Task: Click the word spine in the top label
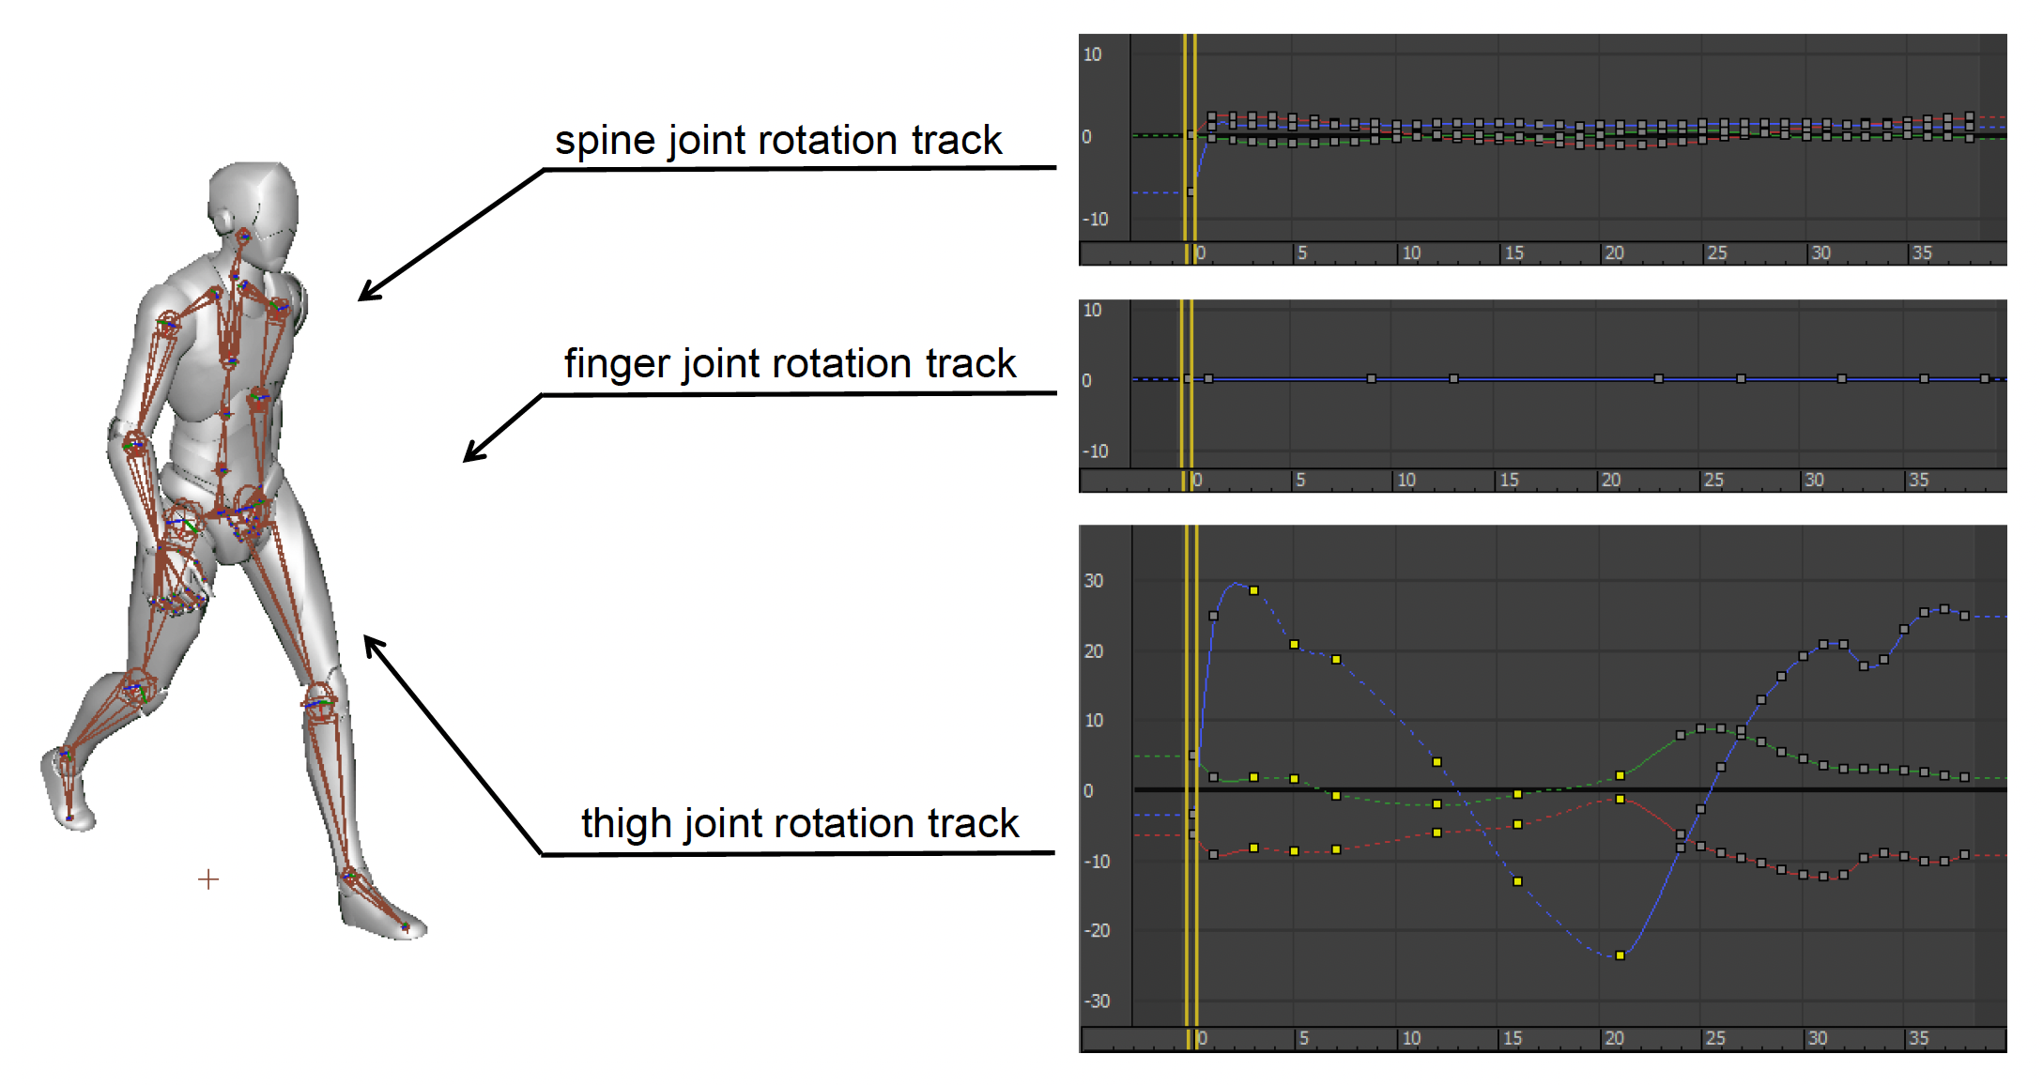[x=606, y=141]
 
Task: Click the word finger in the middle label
[x=617, y=364]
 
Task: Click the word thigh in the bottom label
[x=625, y=824]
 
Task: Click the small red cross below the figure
[x=208, y=879]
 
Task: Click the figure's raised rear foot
[x=66, y=788]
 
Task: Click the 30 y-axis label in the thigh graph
[x=1094, y=581]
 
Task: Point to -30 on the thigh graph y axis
[x=1097, y=1001]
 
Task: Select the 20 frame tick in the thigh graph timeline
[x=1614, y=1038]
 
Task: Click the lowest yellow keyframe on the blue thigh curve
[x=1620, y=955]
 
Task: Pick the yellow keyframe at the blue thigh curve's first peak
[x=1253, y=590]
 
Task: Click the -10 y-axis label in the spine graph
[x=1096, y=220]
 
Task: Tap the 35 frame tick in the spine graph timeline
[x=1922, y=252]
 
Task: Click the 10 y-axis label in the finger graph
[x=1092, y=311]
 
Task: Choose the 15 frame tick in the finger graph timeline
[x=1509, y=480]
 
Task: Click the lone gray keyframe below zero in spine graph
[x=1190, y=191]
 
